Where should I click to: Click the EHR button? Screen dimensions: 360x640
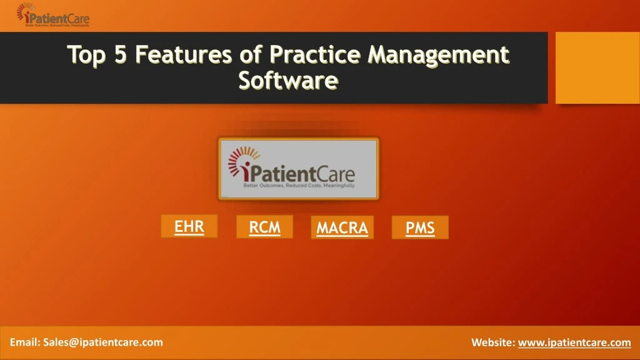[189, 226]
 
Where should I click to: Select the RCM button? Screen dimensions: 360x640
[264, 227]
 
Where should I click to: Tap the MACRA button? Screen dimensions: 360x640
[342, 228]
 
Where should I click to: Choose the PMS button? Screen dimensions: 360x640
[420, 228]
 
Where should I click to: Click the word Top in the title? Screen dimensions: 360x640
[88, 56]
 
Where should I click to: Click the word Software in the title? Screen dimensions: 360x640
[288, 81]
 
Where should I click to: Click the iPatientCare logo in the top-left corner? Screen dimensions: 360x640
[53, 16]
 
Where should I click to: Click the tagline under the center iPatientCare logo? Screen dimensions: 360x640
[298, 186]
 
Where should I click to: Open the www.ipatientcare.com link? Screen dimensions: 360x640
[574, 342]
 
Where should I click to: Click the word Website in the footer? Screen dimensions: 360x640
[492, 342]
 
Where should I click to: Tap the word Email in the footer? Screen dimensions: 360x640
[24, 342]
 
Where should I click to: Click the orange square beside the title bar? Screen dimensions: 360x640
[597, 68]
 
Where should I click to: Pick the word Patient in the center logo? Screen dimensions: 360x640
[284, 173]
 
